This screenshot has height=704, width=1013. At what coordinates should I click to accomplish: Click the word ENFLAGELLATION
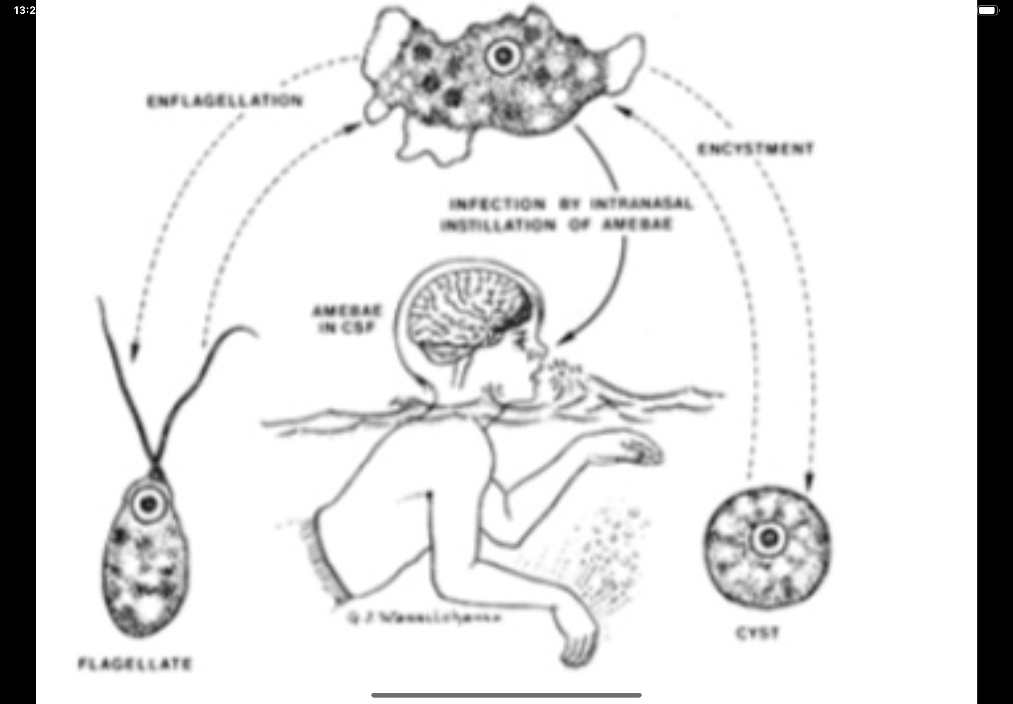tap(225, 101)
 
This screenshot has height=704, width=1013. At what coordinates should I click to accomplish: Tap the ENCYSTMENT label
tap(755, 149)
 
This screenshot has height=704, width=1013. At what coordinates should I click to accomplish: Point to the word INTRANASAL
tap(642, 204)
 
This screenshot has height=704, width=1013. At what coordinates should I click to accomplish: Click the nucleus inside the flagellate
tap(148, 503)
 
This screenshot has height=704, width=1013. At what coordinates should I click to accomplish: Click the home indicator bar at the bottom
tap(506, 695)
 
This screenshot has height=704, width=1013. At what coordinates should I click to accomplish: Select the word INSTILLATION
tap(498, 226)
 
